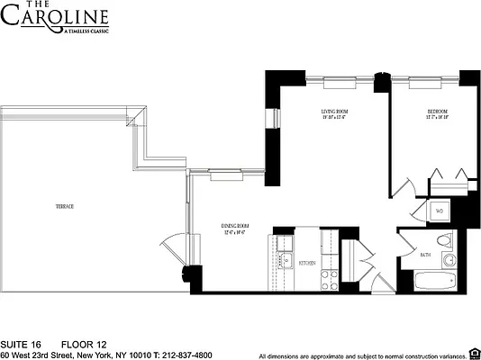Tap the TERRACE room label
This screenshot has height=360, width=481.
coord(64,206)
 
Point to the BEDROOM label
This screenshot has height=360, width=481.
coord(438,112)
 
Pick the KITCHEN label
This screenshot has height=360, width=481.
coord(306,263)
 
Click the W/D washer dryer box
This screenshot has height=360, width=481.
coord(440,211)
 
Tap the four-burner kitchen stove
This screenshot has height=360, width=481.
coord(330,277)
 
